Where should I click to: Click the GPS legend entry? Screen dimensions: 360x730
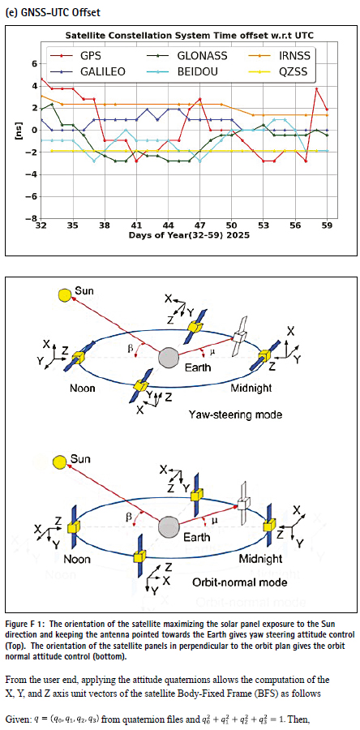77,56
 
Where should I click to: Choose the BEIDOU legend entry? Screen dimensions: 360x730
185,71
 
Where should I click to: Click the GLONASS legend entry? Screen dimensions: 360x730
187,56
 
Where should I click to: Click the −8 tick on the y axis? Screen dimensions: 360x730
32,219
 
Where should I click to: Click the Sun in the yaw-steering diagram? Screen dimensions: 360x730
65,295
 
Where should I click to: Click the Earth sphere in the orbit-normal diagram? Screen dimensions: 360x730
169,526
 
